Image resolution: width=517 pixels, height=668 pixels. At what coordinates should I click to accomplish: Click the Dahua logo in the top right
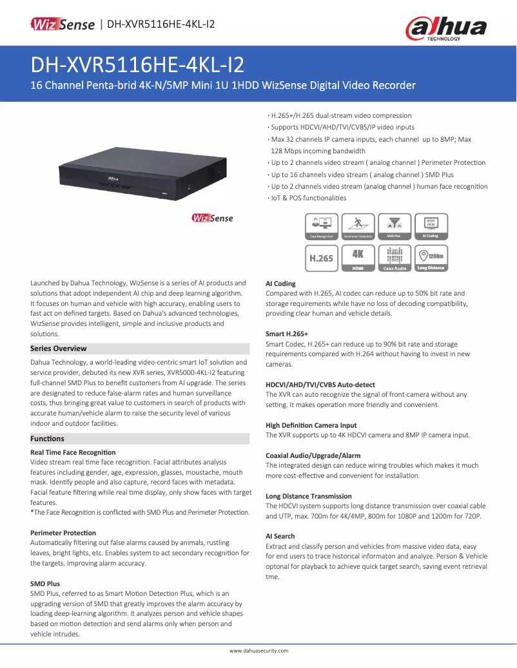click(x=445, y=29)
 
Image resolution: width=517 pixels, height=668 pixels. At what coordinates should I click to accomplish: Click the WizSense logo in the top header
click(x=64, y=24)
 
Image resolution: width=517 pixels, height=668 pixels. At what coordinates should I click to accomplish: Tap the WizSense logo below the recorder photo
click(x=212, y=218)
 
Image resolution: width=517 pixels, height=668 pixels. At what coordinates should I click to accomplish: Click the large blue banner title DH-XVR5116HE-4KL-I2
click(x=137, y=65)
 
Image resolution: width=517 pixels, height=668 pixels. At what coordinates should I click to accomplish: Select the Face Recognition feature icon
click(x=322, y=227)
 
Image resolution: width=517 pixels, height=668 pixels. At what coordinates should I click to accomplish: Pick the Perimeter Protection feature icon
click(x=358, y=227)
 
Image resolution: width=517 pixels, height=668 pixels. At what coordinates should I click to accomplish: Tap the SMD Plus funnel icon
click(x=395, y=227)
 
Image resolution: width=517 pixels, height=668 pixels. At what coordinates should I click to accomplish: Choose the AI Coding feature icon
click(x=431, y=227)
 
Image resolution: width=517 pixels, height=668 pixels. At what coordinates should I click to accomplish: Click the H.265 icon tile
click(x=322, y=258)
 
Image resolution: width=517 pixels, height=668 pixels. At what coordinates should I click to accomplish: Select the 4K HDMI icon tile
click(x=358, y=258)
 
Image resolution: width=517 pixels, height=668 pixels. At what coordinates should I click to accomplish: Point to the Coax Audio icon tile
click(x=395, y=258)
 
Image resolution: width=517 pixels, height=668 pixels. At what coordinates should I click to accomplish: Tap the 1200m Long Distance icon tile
click(x=431, y=258)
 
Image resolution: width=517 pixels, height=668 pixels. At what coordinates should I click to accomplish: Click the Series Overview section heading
click(x=59, y=348)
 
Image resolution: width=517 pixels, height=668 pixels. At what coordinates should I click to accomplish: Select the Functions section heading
click(x=48, y=439)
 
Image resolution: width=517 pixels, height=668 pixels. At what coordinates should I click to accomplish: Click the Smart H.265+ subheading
click(x=287, y=334)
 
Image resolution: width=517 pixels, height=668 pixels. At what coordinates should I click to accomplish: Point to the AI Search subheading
click(x=280, y=536)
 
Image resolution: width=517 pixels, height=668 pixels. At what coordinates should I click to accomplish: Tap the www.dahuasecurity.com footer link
click(x=258, y=651)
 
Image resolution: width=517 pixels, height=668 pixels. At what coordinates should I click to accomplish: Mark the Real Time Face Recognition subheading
click(x=73, y=452)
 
